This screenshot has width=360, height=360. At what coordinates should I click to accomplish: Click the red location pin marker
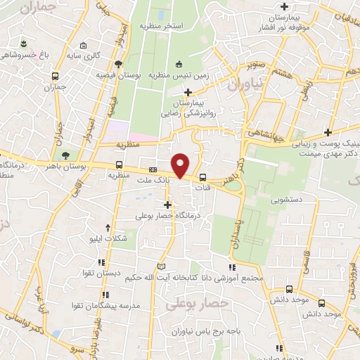(181, 165)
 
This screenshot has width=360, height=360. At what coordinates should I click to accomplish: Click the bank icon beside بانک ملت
(153, 169)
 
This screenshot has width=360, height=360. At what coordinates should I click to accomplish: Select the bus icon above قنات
(203, 178)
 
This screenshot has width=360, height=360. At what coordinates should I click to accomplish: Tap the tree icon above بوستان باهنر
(66, 155)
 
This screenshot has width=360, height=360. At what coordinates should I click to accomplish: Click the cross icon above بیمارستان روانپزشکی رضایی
(188, 92)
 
